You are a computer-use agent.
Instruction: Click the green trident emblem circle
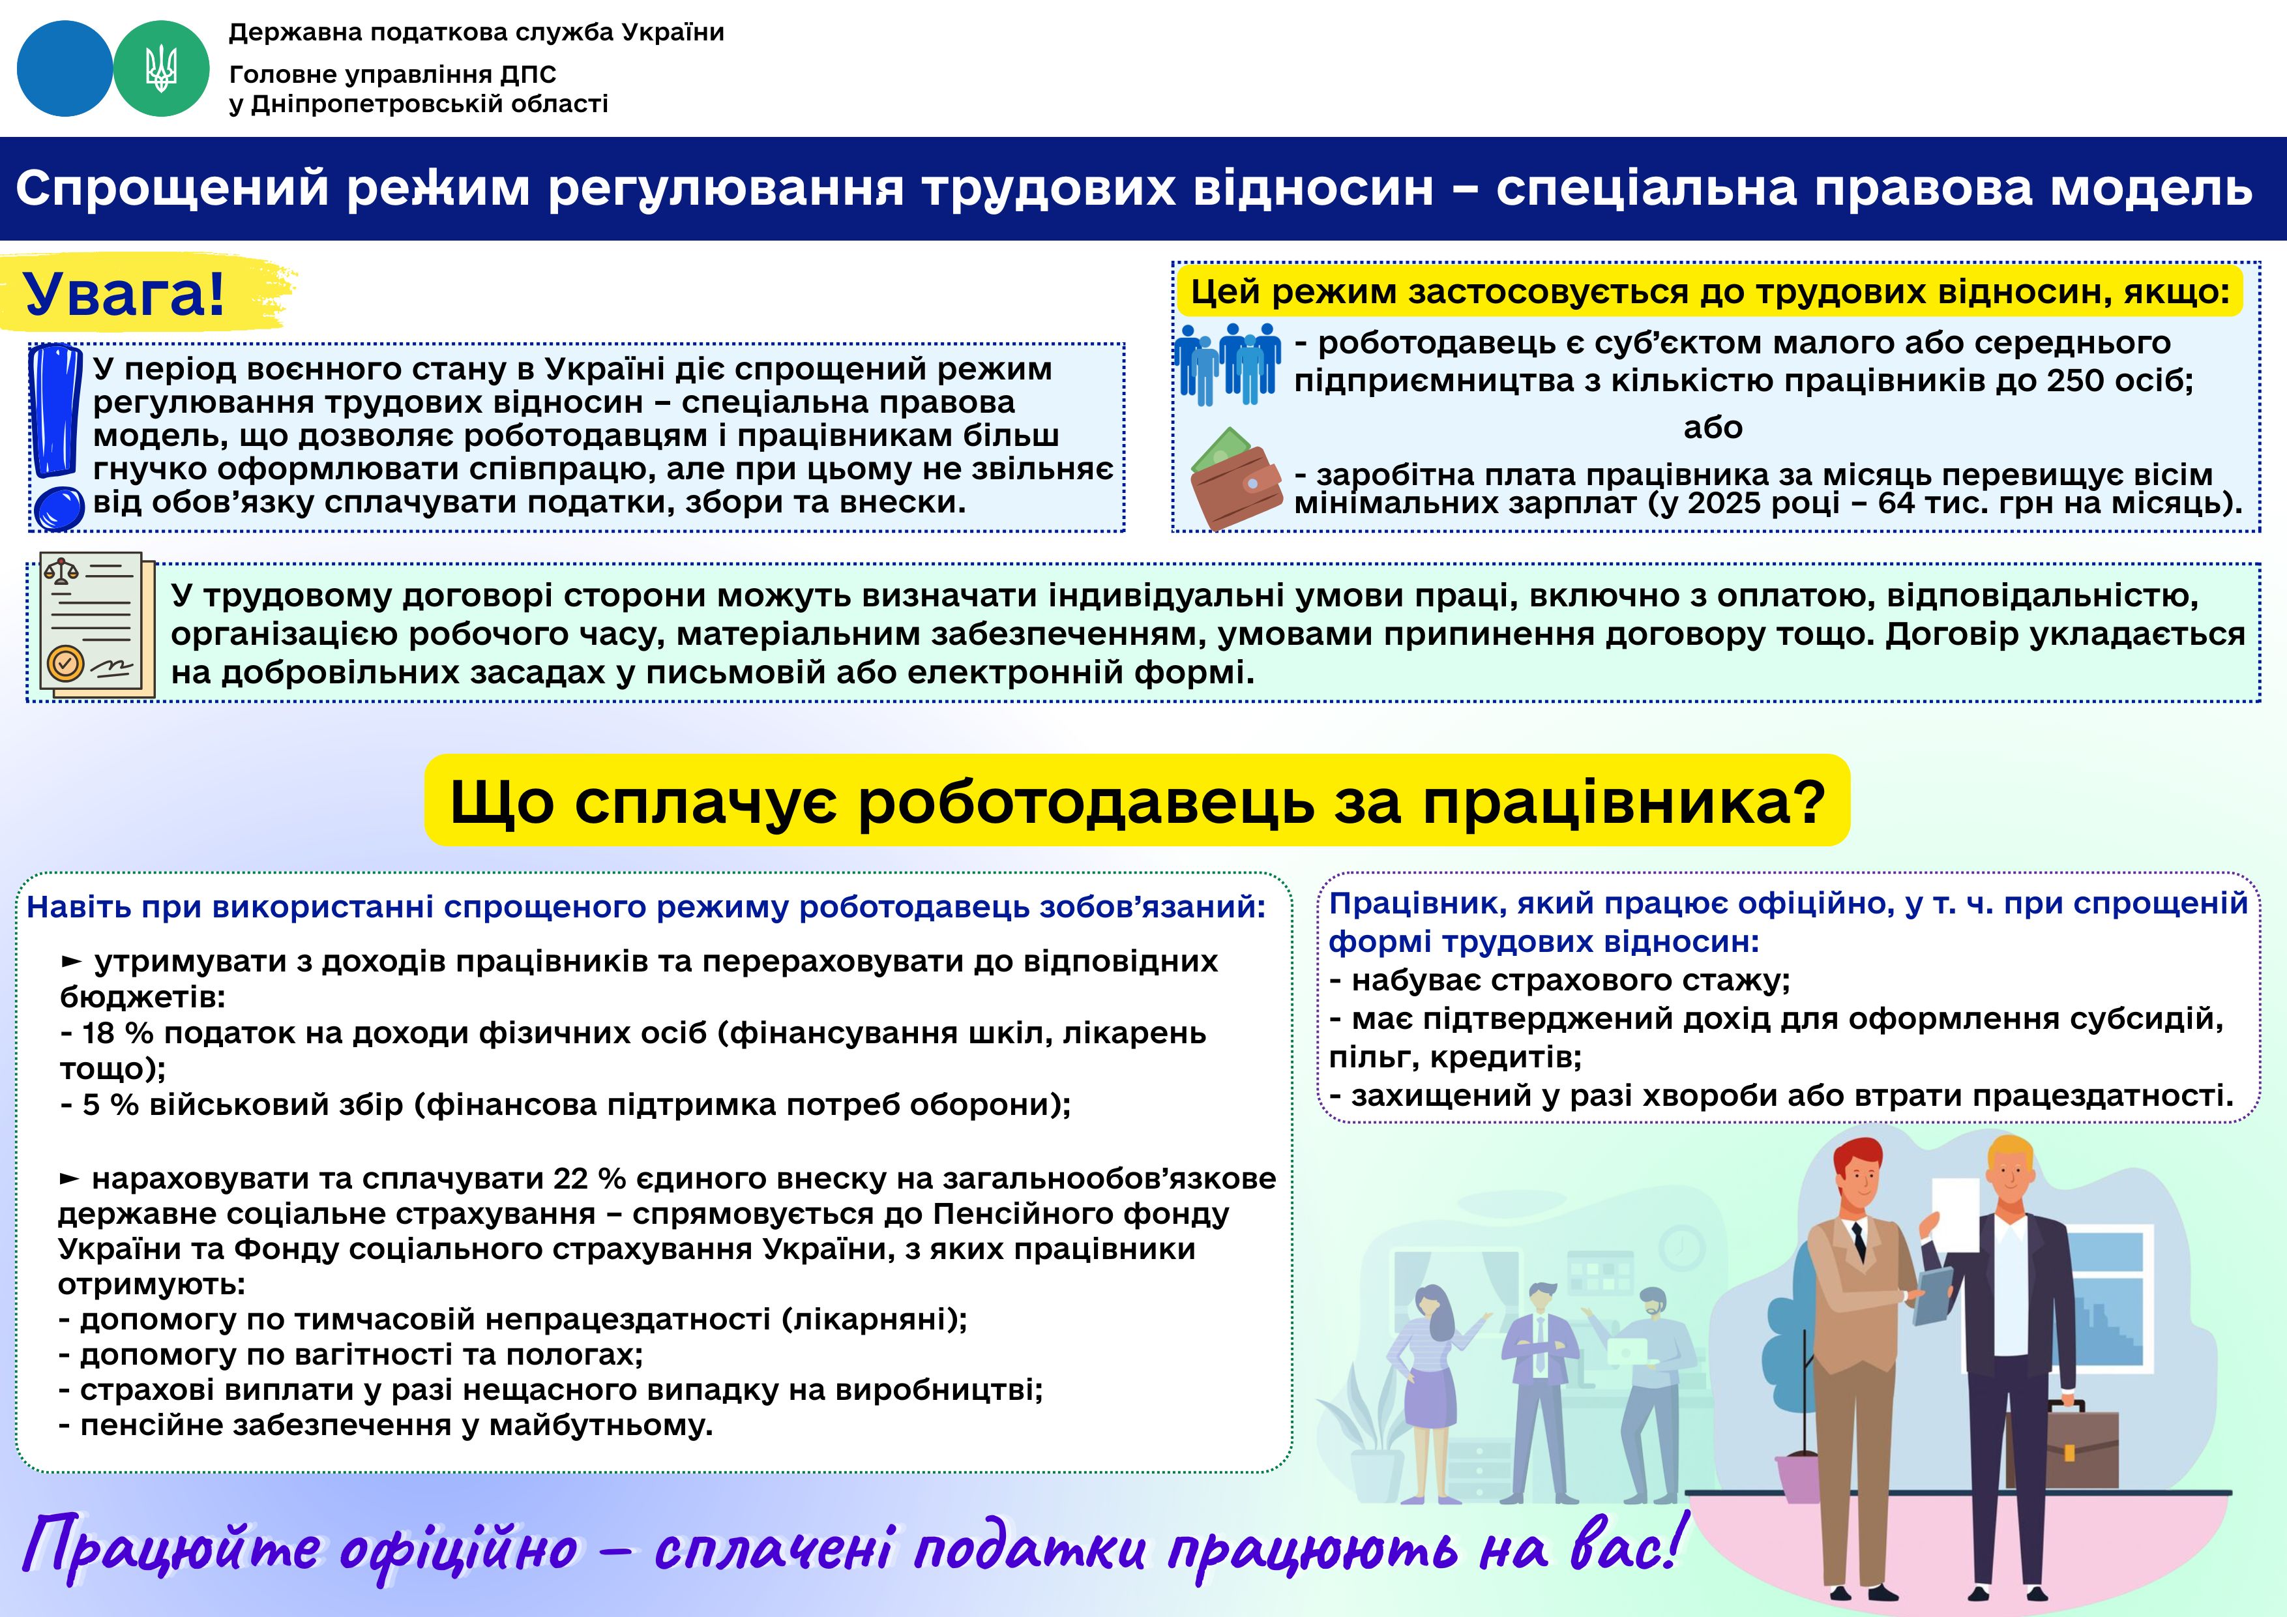162,68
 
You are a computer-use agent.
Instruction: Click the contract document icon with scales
96,625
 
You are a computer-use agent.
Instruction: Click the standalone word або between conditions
1712,428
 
